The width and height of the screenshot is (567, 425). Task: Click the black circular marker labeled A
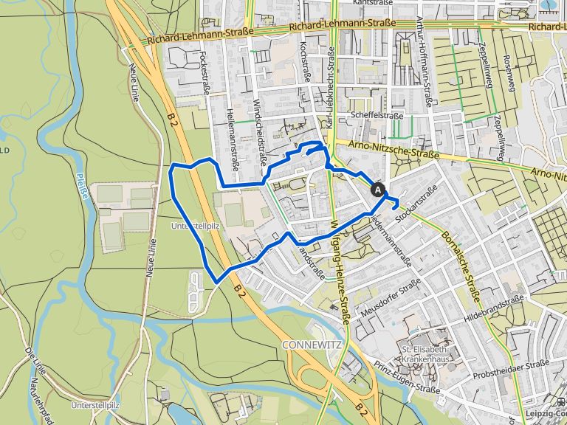[378, 190]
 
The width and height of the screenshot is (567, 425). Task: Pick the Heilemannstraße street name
[232, 136]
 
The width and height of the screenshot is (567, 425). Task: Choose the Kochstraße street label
[304, 63]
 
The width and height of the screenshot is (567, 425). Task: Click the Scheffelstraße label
[377, 116]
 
